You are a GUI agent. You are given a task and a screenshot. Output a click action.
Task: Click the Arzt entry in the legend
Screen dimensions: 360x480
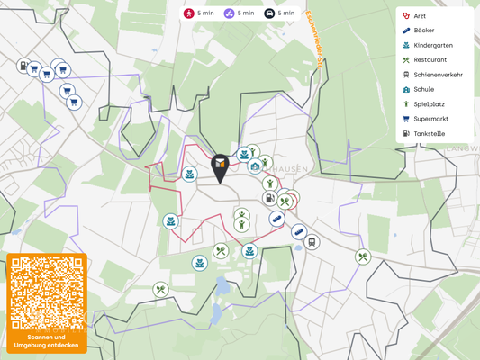(x=419, y=16)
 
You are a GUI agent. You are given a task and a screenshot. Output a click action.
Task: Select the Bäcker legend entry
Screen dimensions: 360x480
(x=422, y=31)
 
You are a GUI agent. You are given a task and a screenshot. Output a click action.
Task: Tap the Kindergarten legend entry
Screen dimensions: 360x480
(x=432, y=45)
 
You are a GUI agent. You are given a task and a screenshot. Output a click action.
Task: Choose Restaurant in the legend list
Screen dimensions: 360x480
(x=430, y=60)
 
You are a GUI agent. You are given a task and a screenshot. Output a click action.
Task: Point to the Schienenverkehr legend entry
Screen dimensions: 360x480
(x=438, y=75)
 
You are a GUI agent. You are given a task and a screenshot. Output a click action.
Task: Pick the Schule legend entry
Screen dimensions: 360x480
(x=423, y=89)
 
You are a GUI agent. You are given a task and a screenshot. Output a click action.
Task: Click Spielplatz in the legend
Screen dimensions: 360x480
(x=429, y=104)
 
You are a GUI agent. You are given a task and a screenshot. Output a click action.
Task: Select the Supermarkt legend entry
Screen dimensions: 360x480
(x=430, y=119)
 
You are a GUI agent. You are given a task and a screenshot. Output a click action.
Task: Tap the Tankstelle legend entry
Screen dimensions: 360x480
(x=429, y=134)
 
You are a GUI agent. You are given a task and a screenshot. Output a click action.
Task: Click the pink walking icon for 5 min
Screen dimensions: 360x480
(x=189, y=13)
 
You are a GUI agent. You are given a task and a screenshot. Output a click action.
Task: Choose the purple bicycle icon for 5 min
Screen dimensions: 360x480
(x=229, y=13)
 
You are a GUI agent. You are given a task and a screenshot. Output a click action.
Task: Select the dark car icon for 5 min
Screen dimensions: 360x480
(x=269, y=13)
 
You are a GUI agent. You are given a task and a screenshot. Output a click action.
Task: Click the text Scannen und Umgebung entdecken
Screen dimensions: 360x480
(x=47, y=341)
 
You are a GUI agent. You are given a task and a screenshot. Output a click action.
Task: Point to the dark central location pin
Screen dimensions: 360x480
(x=220, y=167)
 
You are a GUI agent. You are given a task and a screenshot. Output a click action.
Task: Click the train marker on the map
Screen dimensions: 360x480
(x=312, y=242)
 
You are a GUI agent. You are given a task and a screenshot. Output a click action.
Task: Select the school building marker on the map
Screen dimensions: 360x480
(x=256, y=166)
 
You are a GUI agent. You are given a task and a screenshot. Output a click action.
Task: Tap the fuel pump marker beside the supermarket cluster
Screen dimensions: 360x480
(x=24, y=66)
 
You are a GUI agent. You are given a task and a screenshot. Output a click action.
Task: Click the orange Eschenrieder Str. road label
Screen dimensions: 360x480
(x=314, y=40)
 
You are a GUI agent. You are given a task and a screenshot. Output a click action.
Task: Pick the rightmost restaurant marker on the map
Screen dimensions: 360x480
(x=362, y=257)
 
